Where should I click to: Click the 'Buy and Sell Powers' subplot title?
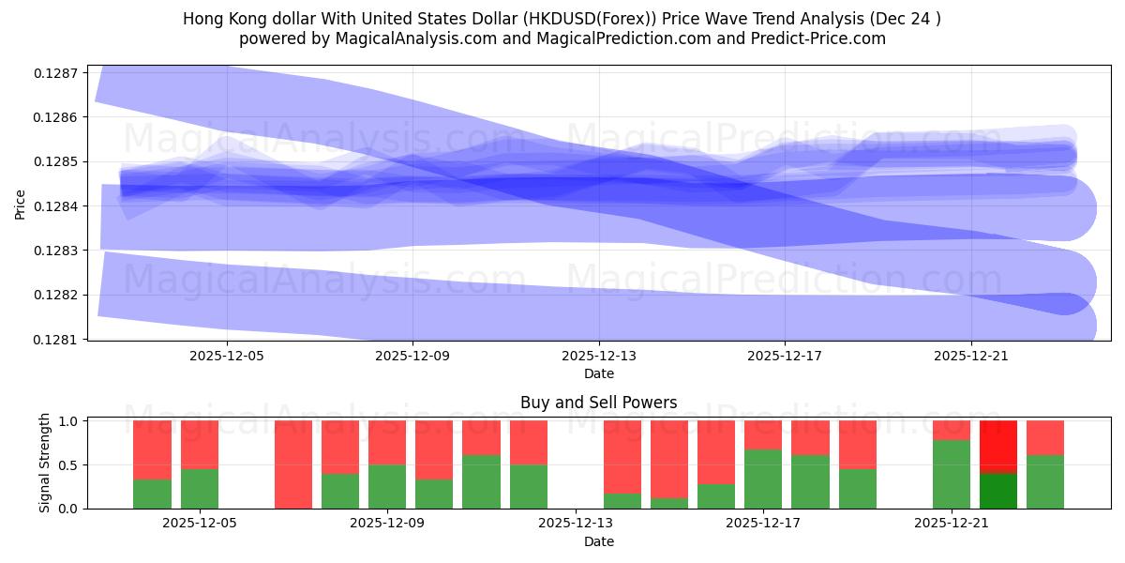pyautogui.click(x=598, y=403)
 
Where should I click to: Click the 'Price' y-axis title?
pyautogui.click(x=21, y=204)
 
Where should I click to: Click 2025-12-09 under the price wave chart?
pyautogui.click(x=412, y=357)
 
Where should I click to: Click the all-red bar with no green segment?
pyautogui.click(x=293, y=464)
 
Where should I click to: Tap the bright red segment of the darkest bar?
pyautogui.click(x=998, y=447)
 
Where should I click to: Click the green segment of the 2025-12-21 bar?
pyautogui.click(x=952, y=474)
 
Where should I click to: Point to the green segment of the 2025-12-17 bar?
pyautogui.click(x=763, y=479)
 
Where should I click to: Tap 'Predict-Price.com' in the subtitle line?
pyautogui.click(x=819, y=38)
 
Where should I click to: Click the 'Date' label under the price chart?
pyautogui.click(x=598, y=373)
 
